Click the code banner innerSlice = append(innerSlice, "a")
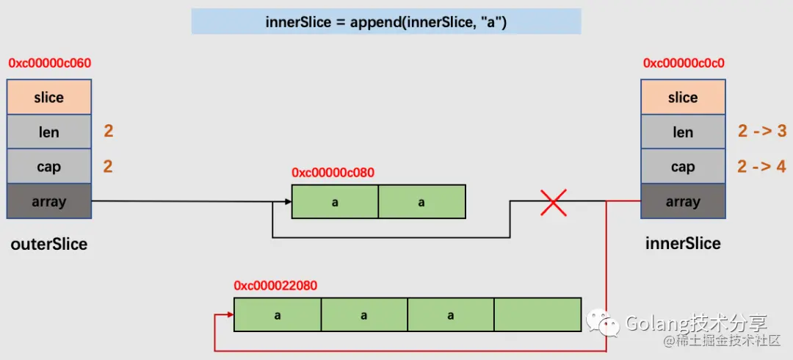[x=386, y=22]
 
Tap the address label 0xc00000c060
[x=50, y=64]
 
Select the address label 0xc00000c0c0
[x=684, y=64]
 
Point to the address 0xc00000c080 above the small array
[x=333, y=173]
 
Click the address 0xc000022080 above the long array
[x=275, y=286]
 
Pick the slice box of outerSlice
[x=49, y=97]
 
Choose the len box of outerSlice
[x=49, y=132]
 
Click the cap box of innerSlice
[x=683, y=167]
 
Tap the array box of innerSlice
[x=683, y=201]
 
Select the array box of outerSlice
[x=49, y=201]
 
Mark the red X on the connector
[x=554, y=201]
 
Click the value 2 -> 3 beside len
[x=762, y=132]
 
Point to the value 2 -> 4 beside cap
[x=762, y=166]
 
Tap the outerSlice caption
[x=49, y=244]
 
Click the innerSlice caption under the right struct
[x=683, y=243]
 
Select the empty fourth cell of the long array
[x=537, y=315]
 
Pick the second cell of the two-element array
[x=421, y=201]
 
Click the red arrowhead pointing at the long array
[x=230, y=314]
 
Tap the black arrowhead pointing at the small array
[x=289, y=201]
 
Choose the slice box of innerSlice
[x=683, y=97]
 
